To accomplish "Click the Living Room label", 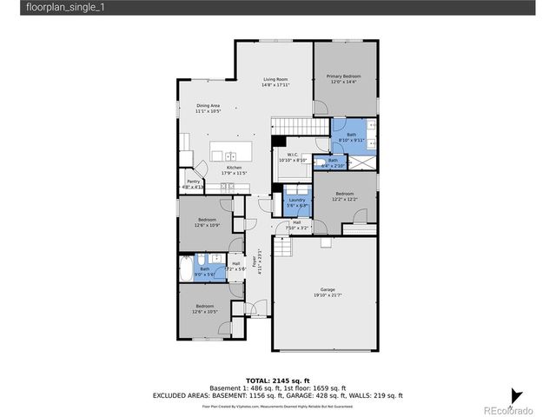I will click(275, 79).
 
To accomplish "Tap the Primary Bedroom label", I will click(343, 76).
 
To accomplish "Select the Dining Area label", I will click(208, 106).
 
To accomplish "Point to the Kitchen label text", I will click(235, 168).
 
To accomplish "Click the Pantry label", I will click(193, 181).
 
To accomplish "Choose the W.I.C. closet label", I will click(293, 155).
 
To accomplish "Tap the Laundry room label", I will click(298, 200).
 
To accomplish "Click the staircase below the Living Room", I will click(291, 126).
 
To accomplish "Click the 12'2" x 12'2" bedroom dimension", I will click(344, 199).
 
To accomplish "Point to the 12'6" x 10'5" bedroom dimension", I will click(205, 312).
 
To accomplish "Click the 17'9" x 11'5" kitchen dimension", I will click(235, 174).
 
